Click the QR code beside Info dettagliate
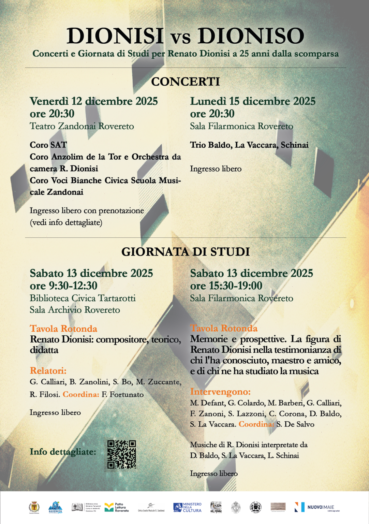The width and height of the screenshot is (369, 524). point(121,454)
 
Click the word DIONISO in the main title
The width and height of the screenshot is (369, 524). point(251,36)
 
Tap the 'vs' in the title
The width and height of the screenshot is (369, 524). point(181,38)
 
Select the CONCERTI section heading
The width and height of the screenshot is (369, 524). point(186,82)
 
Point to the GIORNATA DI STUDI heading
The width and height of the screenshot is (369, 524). point(186,252)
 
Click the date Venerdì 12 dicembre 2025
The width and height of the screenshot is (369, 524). point(94,101)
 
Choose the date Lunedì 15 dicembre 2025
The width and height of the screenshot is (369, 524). point(253,101)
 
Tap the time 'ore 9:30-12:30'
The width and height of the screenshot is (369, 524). point(63,286)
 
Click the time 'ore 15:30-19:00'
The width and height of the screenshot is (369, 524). point(226,286)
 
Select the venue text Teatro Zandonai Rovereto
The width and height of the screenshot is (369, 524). point(82,126)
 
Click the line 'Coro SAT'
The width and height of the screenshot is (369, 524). point(48,145)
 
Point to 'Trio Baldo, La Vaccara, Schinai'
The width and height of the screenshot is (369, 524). point(249,145)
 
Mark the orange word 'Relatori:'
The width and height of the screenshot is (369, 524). point(48,371)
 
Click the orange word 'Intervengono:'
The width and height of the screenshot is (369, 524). point(220,392)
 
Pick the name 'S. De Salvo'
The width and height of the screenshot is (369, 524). point(295,424)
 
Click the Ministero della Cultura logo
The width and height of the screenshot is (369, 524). point(187,507)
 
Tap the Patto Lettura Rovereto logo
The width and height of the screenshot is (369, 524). point(117,507)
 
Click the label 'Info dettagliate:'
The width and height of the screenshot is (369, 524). point(63,452)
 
